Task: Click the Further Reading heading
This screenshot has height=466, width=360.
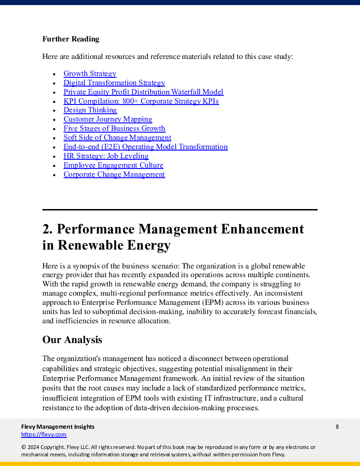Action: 70,39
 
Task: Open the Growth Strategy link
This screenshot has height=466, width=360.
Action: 90,74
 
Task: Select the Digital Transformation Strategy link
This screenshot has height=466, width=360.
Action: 114,83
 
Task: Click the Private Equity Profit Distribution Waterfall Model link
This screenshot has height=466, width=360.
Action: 143,92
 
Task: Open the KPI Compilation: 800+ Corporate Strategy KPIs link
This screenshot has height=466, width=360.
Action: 141,101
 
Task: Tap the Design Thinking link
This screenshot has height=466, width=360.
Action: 90,110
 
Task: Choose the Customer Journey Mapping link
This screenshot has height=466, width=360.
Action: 108,119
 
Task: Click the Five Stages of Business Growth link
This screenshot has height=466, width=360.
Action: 114,128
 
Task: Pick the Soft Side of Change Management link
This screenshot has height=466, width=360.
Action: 117,138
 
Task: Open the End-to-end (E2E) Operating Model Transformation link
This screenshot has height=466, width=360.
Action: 145,147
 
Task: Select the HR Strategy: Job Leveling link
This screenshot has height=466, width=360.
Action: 106,156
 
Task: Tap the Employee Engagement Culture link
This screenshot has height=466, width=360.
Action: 113,165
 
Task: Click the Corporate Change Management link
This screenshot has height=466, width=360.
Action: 114,175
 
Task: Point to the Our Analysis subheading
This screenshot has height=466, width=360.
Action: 72,340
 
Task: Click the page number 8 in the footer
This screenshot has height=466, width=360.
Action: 337,427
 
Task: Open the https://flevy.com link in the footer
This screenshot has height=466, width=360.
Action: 44,435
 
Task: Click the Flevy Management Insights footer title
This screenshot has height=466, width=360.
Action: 58,427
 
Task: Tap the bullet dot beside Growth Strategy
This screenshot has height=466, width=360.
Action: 54,74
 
